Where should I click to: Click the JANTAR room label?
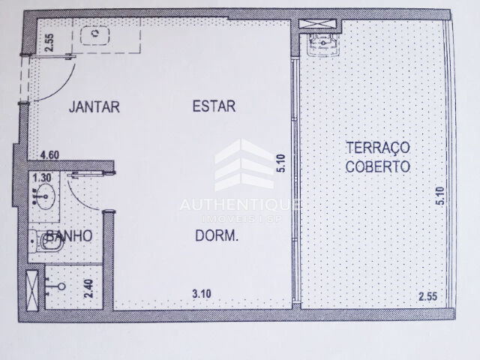(x=94, y=106)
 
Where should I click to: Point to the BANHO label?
(x=68, y=235)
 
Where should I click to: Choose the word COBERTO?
(x=378, y=166)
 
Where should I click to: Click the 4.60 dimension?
(x=50, y=155)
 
